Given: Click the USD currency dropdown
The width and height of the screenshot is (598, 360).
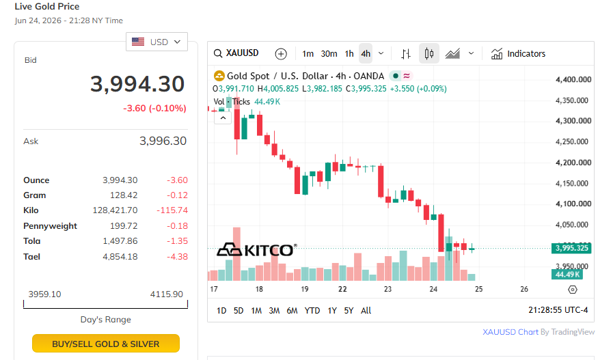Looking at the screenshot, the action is pos(157,42).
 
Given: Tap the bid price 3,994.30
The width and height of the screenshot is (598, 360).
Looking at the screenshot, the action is pos(137,84).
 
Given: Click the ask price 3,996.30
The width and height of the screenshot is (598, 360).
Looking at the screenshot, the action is pos(163,141).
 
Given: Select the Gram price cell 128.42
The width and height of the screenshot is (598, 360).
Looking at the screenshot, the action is pos(124,195).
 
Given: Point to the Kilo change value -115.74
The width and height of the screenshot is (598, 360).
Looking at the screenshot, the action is pos(172,210).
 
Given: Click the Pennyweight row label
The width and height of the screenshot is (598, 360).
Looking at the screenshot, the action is pos(50,225).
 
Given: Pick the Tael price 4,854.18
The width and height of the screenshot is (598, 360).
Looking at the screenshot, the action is pos(120,257).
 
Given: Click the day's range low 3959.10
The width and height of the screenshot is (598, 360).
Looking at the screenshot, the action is pos(44,294).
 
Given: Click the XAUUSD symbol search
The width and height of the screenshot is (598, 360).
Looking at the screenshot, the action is pos(236,53).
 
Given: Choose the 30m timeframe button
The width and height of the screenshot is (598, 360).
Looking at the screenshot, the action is pos(329,54).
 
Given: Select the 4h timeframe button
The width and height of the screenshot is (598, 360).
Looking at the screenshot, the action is pos(366,54).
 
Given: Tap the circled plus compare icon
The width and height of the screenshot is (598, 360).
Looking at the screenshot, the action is pos(281,54).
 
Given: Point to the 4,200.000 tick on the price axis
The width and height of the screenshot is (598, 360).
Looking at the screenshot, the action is pos(573,163).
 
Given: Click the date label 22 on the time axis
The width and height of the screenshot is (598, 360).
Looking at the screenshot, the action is pos(342,289).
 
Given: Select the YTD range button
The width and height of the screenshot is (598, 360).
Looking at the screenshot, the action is pos(312,311).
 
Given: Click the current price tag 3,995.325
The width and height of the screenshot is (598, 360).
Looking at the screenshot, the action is pos(571,248).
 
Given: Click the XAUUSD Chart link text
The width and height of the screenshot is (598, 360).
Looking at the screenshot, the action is pos(511,332).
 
